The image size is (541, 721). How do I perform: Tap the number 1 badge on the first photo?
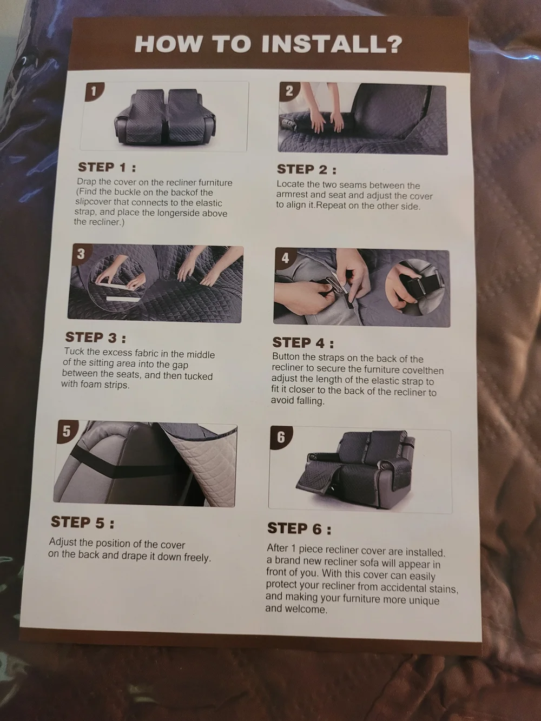94,91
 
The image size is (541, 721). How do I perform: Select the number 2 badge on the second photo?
289,91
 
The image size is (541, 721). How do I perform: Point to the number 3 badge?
81,254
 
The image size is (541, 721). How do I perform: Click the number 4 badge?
285,258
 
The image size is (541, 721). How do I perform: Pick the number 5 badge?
67,431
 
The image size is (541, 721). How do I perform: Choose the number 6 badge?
281,438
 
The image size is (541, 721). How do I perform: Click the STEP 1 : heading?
107,168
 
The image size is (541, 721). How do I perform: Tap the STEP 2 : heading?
306,169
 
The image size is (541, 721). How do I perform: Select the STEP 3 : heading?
96,337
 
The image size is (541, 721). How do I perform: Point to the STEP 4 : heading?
303,343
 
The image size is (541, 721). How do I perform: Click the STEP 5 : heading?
82,522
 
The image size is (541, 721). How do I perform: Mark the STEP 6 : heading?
299,528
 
